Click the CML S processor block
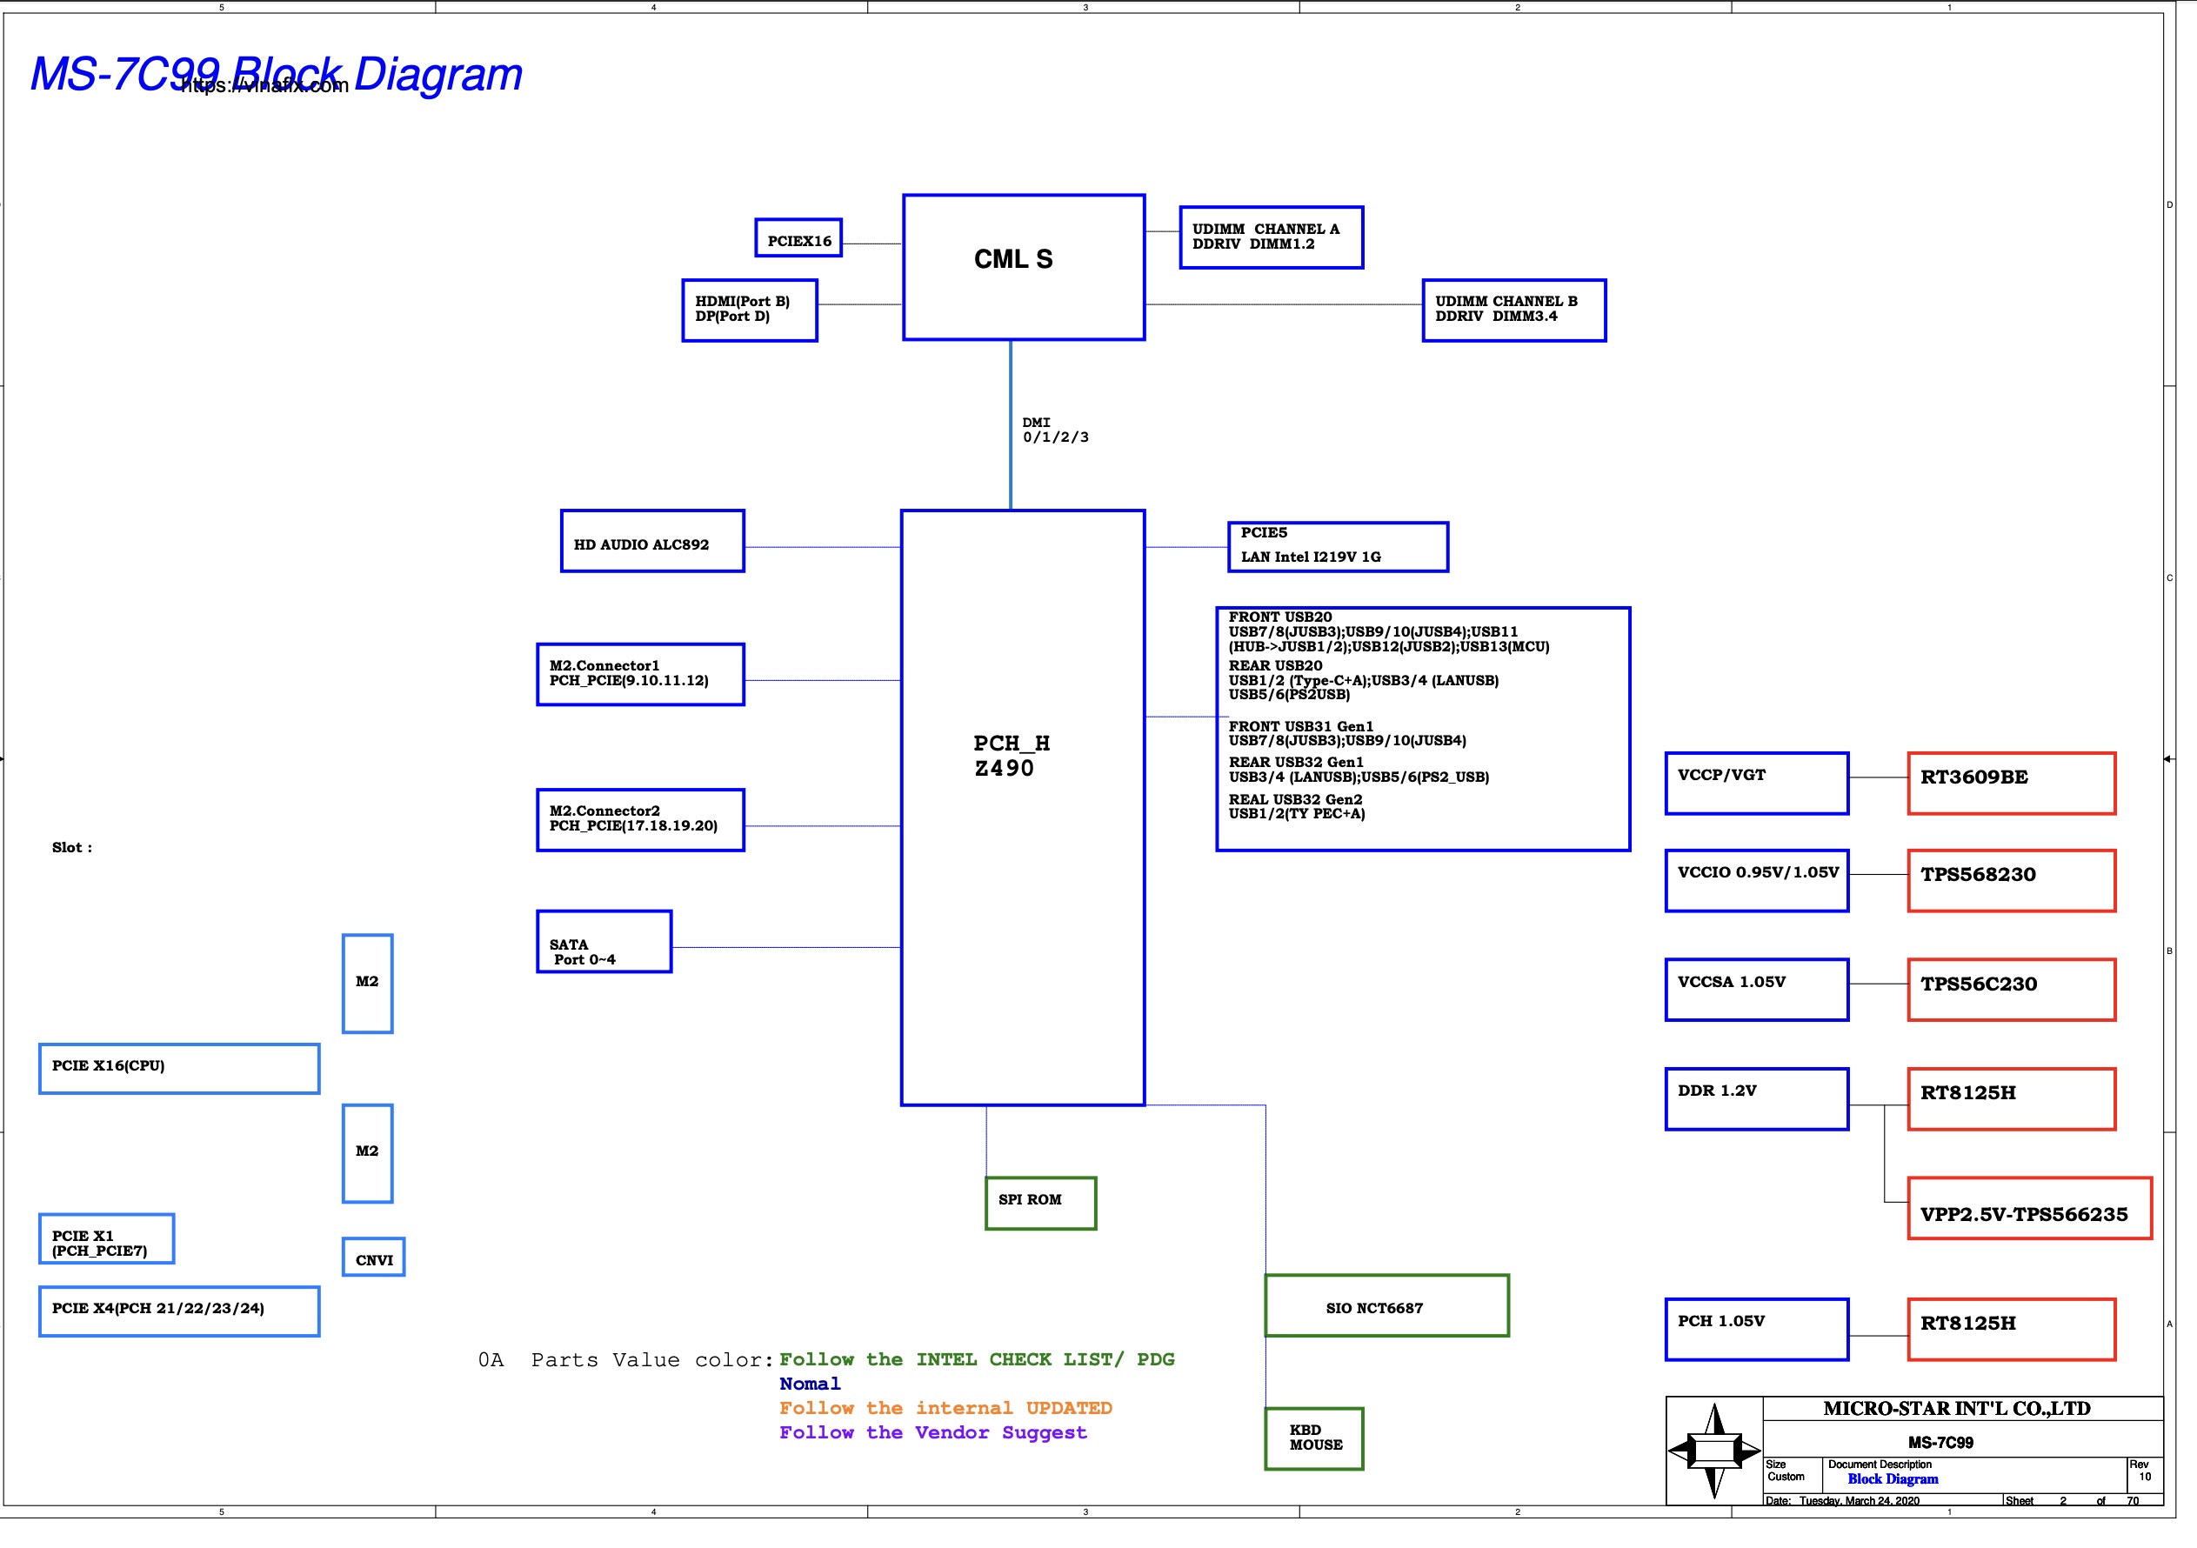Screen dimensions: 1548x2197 point(1023,267)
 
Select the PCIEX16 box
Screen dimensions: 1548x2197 point(798,238)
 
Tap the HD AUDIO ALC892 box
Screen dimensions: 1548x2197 point(651,542)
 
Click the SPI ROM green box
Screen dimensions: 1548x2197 point(1040,1203)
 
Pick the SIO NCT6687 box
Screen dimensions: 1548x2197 point(1386,1305)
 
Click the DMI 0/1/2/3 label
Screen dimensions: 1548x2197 point(1053,430)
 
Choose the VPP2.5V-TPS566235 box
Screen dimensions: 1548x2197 point(2028,1208)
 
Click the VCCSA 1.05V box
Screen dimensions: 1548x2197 point(1756,990)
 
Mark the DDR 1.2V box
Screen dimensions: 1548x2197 point(1756,1098)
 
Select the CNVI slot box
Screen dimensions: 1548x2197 point(373,1258)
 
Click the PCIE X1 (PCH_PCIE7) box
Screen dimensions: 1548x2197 point(106,1239)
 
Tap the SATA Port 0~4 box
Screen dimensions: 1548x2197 point(604,942)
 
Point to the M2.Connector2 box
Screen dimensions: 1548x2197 point(640,820)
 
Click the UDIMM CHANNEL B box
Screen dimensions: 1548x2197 point(1513,310)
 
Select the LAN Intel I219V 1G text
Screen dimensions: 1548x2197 point(1310,557)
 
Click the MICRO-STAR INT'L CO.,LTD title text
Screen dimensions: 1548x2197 point(1956,1408)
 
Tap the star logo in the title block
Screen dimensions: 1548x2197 point(1713,1451)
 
